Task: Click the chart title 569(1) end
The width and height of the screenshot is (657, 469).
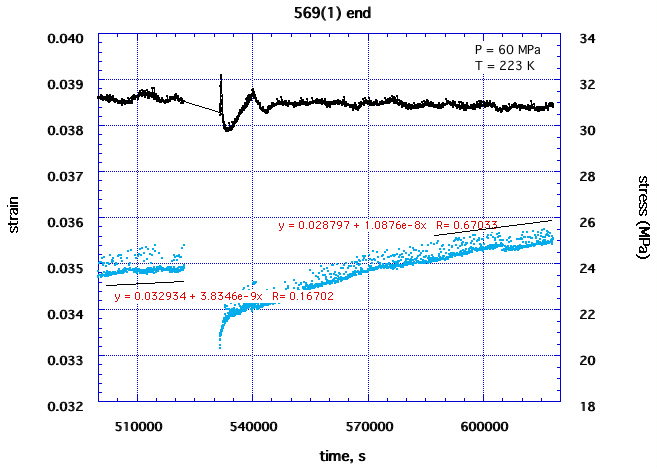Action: [327, 12]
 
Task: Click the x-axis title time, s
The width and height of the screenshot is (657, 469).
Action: [328, 456]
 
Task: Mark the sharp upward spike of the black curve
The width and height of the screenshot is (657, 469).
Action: [220, 75]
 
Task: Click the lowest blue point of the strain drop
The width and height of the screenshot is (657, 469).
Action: [220, 347]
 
